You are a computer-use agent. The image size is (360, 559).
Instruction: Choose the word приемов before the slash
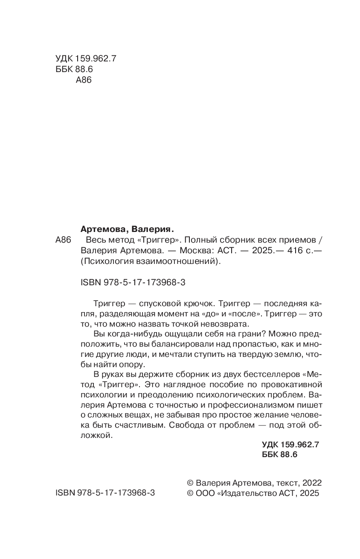coord(293,239)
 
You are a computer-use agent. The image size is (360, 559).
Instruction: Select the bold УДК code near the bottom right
coord(290,444)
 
